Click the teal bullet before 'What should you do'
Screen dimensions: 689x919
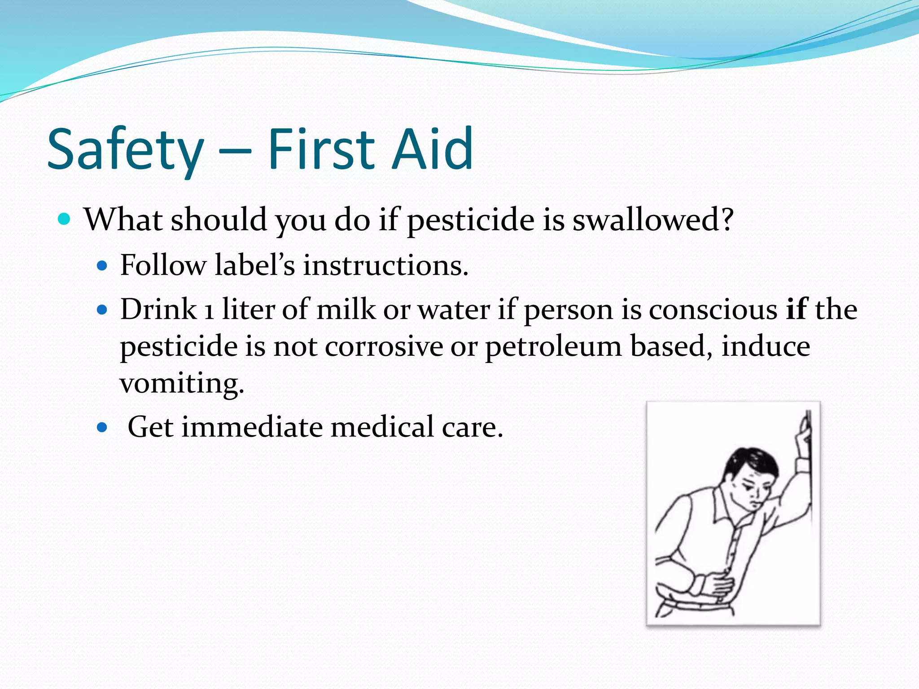point(65,219)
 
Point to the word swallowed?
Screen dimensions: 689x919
point(653,220)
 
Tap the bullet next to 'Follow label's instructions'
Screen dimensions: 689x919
point(102,266)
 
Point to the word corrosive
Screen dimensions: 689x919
point(384,347)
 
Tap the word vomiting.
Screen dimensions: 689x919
point(182,384)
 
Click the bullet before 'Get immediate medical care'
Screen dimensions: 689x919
point(102,427)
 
